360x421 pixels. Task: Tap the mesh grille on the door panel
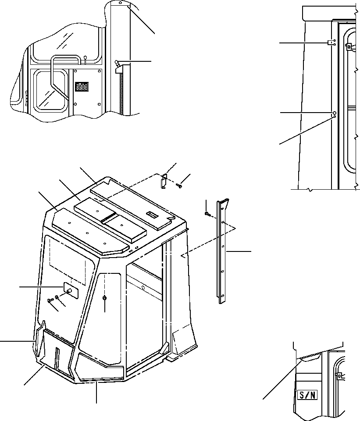pyautogui.click(x=81, y=87)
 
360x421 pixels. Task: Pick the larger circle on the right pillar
pyautogui.click(x=334, y=112)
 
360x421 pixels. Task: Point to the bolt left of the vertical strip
pyautogui.click(x=207, y=214)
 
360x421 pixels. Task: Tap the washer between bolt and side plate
pyautogui.click(x=57, y=297)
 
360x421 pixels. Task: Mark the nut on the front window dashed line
pyautogui.click(x=105, y=298)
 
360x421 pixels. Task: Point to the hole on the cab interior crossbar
pyautogui.click(x=145, y=287)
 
